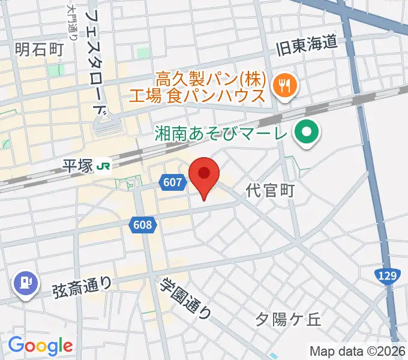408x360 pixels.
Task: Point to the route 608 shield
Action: point(143,225)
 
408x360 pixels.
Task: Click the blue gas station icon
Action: point(25,282)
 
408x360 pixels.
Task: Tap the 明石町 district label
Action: point(38,49)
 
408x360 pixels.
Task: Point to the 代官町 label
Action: point(271,191)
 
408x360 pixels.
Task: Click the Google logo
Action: point(40,345)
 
